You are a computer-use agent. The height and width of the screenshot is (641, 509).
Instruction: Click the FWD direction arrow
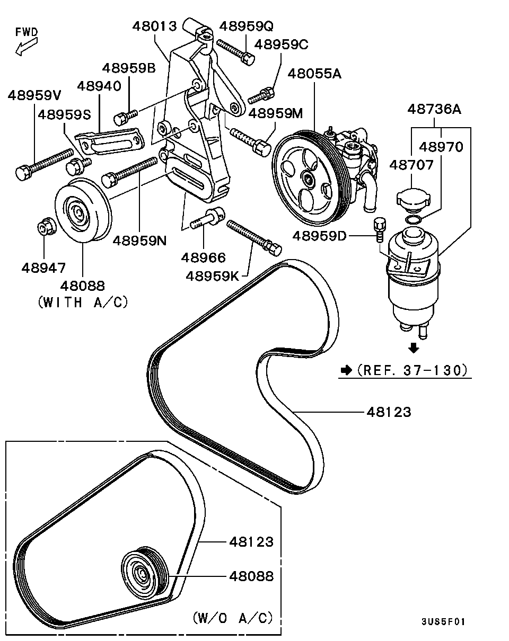27,47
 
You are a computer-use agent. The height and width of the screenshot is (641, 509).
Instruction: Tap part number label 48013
155,26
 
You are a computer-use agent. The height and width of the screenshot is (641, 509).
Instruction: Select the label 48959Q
246,26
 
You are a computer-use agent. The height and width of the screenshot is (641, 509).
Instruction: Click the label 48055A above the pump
314,74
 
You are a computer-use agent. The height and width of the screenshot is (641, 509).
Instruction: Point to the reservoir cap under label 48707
414,197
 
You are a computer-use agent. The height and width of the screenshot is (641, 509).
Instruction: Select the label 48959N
139,241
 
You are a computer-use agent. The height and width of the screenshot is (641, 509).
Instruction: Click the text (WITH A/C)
83,302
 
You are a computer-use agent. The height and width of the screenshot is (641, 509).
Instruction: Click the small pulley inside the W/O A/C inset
145,572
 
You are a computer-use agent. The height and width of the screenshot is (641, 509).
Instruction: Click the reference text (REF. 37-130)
412,370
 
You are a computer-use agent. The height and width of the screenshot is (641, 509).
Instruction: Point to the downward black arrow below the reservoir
413,348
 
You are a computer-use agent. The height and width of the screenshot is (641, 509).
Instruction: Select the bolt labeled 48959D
380,230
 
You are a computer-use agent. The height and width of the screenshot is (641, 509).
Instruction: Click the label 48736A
434,109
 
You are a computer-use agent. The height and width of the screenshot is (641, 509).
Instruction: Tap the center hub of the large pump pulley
309,179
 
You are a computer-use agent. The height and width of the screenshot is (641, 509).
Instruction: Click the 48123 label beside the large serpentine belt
389,412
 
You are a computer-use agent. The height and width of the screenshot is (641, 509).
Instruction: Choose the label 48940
99,86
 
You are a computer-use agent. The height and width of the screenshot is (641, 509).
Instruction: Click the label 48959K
213,277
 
